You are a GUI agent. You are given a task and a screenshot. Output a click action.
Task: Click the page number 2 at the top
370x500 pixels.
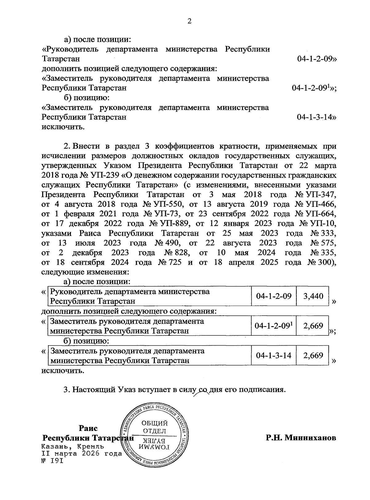coord(190,21)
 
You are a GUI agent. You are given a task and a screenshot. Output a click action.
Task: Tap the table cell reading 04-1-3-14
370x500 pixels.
coord(274,356)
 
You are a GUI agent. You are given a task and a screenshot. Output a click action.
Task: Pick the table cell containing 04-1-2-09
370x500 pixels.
coord(274,296)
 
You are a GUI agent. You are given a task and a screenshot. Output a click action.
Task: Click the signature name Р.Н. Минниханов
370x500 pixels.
coord(301,438)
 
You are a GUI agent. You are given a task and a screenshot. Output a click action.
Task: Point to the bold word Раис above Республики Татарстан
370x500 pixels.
coord(88,428)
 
